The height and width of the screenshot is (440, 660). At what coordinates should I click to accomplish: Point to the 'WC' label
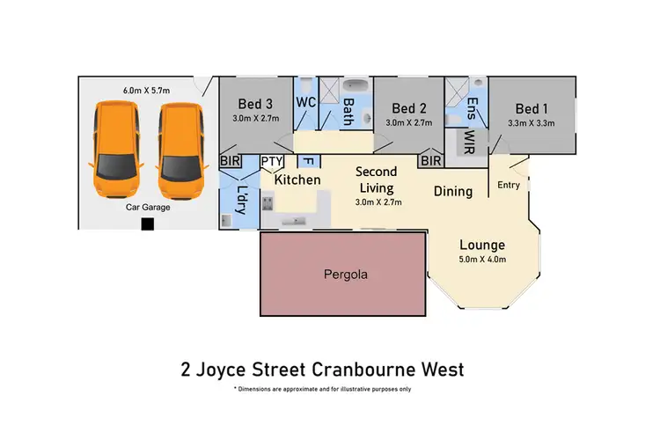click(x=306, y=102)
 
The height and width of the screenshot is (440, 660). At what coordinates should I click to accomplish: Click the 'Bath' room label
click(x=348, y=112)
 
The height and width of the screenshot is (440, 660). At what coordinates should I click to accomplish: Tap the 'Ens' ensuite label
click(x=472, y=109)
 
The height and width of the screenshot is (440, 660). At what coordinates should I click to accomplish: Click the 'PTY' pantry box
click(x=270, y=161)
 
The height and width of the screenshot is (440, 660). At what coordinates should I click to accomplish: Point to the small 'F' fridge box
click(x=308, y=161)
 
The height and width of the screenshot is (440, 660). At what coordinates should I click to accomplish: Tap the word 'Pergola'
click(x=343, y=275)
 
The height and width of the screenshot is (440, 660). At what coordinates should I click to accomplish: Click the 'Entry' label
click(x=509, y=185)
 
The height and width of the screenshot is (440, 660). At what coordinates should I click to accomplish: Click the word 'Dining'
click(x=453, y=191)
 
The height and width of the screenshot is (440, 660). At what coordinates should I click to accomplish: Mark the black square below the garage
click(x=148, y=224)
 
